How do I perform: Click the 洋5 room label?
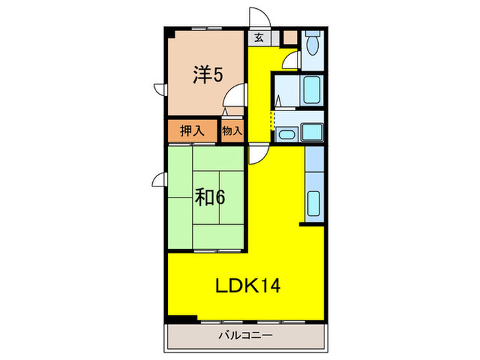coord(208,75)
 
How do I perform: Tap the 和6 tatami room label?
coord(209,197)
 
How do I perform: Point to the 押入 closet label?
coord(192,130)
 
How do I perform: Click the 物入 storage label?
coord(232,130)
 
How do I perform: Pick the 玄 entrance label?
coord(259,38)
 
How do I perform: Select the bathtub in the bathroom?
coord(313,89)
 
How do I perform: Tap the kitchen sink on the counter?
coord(314,204)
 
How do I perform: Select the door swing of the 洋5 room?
coord(236,99)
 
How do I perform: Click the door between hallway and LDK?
coord(258,155)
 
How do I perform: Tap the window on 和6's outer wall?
coord(159,180)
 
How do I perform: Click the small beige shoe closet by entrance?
coord(290,38)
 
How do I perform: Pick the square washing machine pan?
coord(313,132)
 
